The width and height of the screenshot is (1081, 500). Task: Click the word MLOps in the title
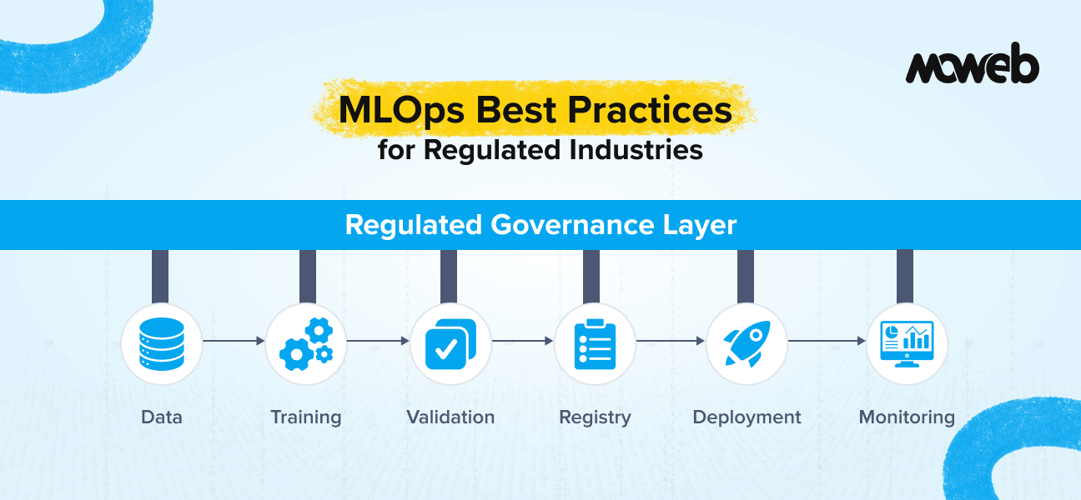coord(396,111)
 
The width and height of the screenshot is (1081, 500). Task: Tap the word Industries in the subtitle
coord(636,150)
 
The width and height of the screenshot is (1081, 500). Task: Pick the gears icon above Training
coord(306,342)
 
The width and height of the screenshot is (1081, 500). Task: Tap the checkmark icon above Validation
coord(450,342)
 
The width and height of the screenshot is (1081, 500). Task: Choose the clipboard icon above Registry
coord(595,342)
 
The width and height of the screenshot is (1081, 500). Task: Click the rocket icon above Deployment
coord(746,342)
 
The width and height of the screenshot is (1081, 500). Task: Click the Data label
coord(162,417)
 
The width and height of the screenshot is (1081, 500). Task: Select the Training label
coord(306,417)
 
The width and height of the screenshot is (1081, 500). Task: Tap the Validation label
coord(450,417)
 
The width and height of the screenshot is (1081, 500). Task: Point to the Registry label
coord(595,417)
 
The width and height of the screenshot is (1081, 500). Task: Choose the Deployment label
coord(747,417)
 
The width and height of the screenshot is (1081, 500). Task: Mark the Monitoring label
coord(907,417)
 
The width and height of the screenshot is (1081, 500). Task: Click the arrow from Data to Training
coord(234,341)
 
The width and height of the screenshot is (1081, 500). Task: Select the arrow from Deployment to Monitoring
coord(826,341)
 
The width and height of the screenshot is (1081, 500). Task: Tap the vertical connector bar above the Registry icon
coord(591,276)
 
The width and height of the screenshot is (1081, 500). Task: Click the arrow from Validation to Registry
coord(522,341)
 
